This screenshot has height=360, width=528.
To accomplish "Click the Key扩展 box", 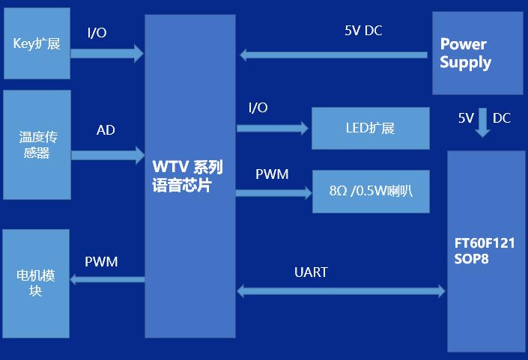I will click(x=37, y=43).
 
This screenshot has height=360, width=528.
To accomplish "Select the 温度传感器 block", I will click(x=37, y=144).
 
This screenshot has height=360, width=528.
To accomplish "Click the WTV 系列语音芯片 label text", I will click(x=187, y=176).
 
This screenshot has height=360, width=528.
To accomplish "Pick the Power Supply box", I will click(x=476, y=53).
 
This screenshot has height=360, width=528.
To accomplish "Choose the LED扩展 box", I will click(x=370, y=128).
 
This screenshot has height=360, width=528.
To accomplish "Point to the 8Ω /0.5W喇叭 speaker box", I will click(x=370, y=191).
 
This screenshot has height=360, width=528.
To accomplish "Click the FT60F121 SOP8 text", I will click(x=484, y=251).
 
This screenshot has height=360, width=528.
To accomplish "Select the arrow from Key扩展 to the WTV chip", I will click(x=106, y=52).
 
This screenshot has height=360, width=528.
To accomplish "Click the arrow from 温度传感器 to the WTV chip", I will click(x=107, y=155).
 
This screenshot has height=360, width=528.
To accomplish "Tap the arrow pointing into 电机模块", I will click(x=107, y=279).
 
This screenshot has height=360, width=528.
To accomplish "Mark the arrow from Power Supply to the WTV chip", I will click(x=333, y=55).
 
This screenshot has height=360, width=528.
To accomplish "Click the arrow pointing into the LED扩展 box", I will click(x=273, y=129).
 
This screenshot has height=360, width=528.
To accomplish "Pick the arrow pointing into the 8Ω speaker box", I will click(x=273, y=192).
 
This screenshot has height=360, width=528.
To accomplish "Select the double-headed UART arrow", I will click(x=341, y=290).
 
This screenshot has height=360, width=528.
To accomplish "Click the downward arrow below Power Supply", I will click(x=483, y=122).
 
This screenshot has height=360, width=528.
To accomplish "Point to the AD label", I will click(x=106, y=130).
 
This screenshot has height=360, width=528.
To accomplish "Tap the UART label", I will click(x=311, y=272).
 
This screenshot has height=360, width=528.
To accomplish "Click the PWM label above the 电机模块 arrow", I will click(x=101, y=262).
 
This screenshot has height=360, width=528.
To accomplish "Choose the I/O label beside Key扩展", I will click(x=97, y=33).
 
